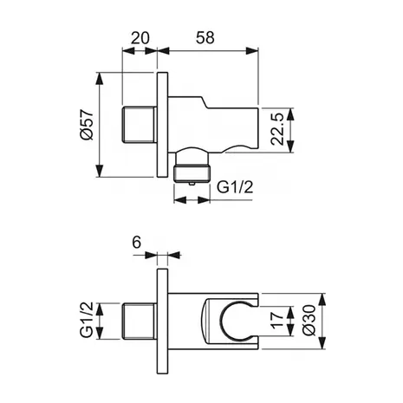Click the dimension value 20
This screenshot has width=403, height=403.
140,38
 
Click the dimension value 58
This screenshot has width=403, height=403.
205,38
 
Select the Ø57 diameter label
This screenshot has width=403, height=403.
87,125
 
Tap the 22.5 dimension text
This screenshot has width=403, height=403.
278,129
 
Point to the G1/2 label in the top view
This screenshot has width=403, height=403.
235,187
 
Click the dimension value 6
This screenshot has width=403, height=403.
137,242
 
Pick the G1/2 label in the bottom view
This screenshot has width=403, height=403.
87,320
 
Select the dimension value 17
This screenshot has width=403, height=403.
277,321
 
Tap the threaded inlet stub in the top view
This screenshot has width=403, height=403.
140,125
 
